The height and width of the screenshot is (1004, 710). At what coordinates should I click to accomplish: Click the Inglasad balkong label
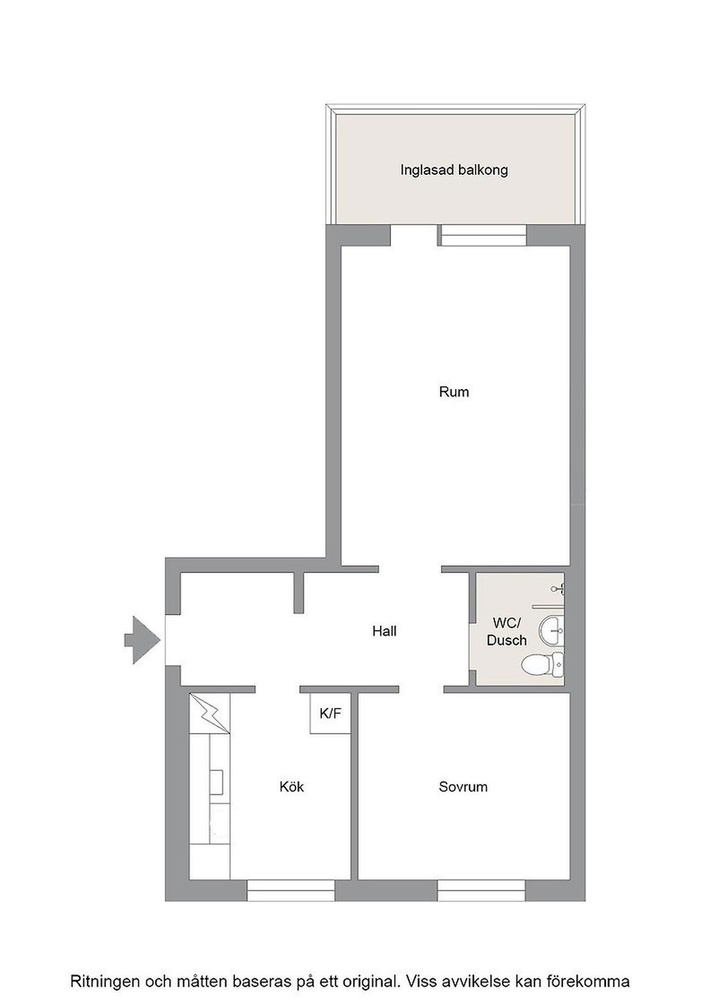click(453, 171)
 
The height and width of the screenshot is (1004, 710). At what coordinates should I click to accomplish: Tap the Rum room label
click(453, 392)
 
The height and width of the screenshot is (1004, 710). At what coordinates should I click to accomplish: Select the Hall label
click(384, 632)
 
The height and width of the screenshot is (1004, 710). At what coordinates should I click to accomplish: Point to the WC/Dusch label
click(507, 632)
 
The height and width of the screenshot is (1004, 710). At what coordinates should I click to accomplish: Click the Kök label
click(291, 786)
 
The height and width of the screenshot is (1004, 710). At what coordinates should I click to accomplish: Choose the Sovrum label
click(463, 787)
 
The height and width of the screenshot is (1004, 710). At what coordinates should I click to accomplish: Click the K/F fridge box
click(330, 713)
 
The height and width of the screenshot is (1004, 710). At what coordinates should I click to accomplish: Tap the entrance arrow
click(142, 639)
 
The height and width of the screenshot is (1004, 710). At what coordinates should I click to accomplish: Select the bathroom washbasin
click(552, 630)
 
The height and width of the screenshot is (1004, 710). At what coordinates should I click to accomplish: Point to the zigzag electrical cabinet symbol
click(210, 713)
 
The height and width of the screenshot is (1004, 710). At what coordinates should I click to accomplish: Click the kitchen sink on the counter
click(218, 782)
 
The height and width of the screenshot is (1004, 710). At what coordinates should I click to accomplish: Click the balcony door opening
click(414, 236)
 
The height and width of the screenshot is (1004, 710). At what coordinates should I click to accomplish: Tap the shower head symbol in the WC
click(559, 587)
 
